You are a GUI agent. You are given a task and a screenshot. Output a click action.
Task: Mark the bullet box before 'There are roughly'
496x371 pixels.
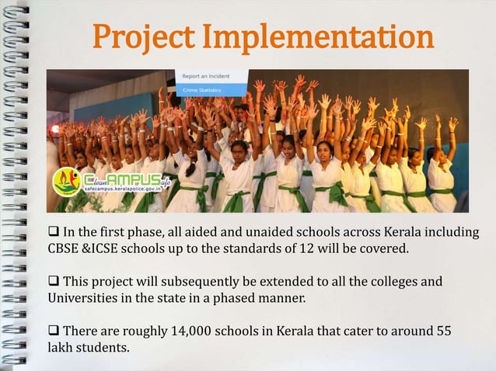pos(54,331)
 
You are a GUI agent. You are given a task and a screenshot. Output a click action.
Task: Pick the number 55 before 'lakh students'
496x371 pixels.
pos(443,331)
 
